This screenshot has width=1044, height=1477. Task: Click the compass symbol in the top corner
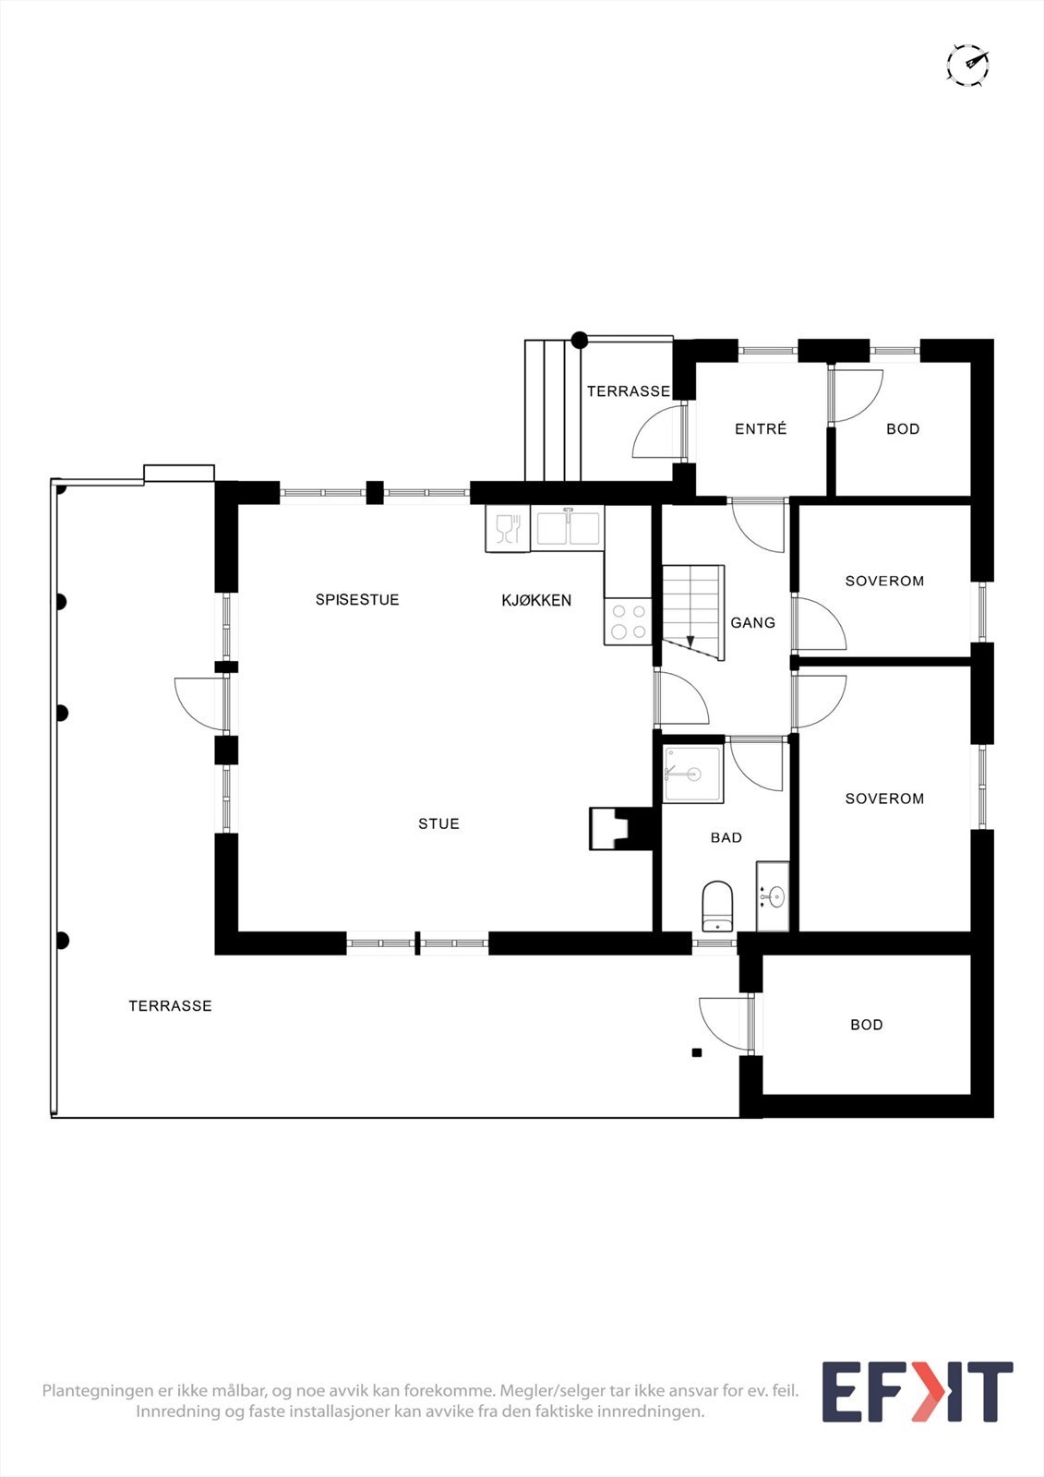pyautogui.click(x=967, y=65)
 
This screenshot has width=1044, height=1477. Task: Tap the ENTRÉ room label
pyautogui.click(x=761, y=428)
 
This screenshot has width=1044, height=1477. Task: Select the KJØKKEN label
pyautogui.click(x=536, y=600)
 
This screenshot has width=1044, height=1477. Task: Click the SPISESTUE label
pyautogui.click(x=357, y=599)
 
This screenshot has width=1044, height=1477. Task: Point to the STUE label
pyautogui.click(x=438, y=823)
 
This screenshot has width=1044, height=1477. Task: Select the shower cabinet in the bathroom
pyautogui.click(x=692, y=774)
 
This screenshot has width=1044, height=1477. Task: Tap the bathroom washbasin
pyautogui.click(x=774, y=895)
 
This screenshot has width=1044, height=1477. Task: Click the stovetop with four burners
pyautogui.click(x=628, y=621)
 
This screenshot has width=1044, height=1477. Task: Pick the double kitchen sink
pyautogui.click(x=567, y=528)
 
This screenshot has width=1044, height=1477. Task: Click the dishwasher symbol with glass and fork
pyautogui.click(x=508, y=529)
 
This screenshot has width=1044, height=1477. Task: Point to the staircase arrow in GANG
pyautogui.click(x=690, y=642)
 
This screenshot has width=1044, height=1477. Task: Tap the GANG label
pyautogui.click(x=752, y=623)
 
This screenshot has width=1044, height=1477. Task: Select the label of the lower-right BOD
pyautogui.click(x=866, y=1025)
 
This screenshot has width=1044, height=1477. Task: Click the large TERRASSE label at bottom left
pyautogui.click(x=170, y=1006)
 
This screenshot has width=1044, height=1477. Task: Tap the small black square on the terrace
pyautogui.click(x=697, y=1052)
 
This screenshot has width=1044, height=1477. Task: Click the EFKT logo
pyautogui.click(x=917, y=1391)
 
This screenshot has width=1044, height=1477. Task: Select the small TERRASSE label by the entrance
pyautogui.click(x=629, y=391)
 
